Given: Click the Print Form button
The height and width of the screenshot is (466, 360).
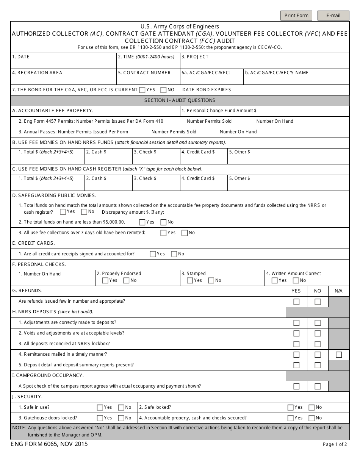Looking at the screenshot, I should tap(296, 16).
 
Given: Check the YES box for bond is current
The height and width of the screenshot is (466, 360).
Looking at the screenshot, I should tap(142, 90).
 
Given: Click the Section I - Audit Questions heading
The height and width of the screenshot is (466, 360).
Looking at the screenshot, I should tap(180, 100).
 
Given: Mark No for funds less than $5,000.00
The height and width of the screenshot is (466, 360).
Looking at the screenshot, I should tap(163, 222).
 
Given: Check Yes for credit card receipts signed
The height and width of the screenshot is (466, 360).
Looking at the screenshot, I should tap(153, 254).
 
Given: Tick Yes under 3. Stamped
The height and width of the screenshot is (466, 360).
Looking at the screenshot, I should tap(190, 281).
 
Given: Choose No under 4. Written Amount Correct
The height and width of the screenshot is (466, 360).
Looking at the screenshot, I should tap(296, 281).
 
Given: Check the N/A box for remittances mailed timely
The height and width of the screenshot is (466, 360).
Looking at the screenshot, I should tap(338, 355).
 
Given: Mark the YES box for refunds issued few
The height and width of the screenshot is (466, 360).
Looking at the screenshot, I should tap(296, 302).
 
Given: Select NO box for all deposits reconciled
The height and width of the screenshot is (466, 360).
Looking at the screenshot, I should tap(318, 344).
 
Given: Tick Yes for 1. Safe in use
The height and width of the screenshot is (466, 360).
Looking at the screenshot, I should tap(100, 408).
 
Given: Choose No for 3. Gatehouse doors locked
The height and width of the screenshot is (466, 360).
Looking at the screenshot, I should tap(121, 418).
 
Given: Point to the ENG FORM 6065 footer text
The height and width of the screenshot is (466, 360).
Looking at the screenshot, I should tap(49, 444).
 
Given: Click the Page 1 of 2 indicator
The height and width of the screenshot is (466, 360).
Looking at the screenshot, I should tap(335, 444).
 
